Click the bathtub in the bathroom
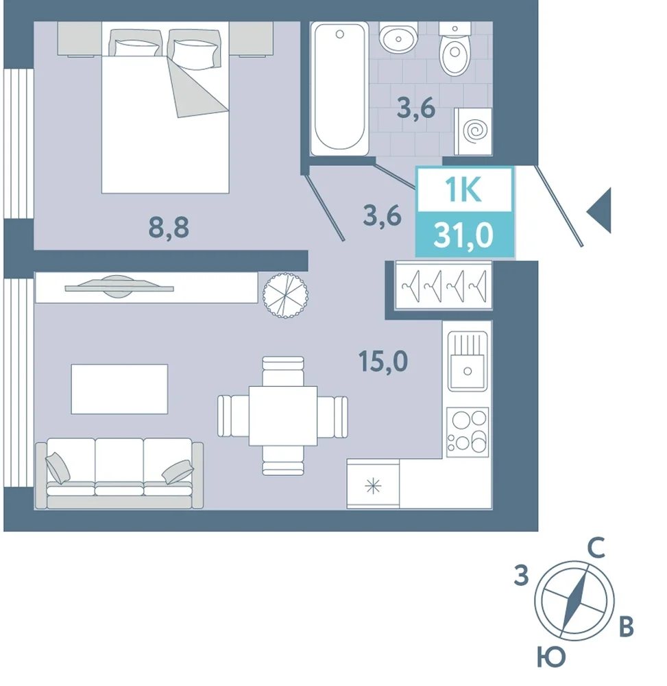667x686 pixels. tap(339, 89)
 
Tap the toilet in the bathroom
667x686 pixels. tap(454, 49)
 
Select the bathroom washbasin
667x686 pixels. tap(398, 38)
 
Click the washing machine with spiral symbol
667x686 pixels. tap(474, 131)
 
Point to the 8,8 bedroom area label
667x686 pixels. tap(169, 227)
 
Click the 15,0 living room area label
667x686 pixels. tap(383, 361)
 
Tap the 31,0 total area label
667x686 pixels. tap(464, 235)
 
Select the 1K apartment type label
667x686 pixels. tap(463, 190)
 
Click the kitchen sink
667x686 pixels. tap(468, 361)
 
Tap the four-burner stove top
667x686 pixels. tap(468, 431)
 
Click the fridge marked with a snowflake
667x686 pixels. tap(373, 484)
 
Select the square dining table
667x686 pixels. tap(283, 416)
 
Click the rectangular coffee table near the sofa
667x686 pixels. tap(119, 388)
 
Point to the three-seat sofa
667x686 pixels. tap(119, 473)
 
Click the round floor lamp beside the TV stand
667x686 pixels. tap(285, 295)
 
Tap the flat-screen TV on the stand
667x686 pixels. tap(119, 287)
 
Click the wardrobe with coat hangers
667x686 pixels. tap(444, 285)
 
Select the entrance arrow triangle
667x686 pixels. tap(599, 211)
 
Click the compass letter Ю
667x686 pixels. tap(551, 657)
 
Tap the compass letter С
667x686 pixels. tap(596, 548)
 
